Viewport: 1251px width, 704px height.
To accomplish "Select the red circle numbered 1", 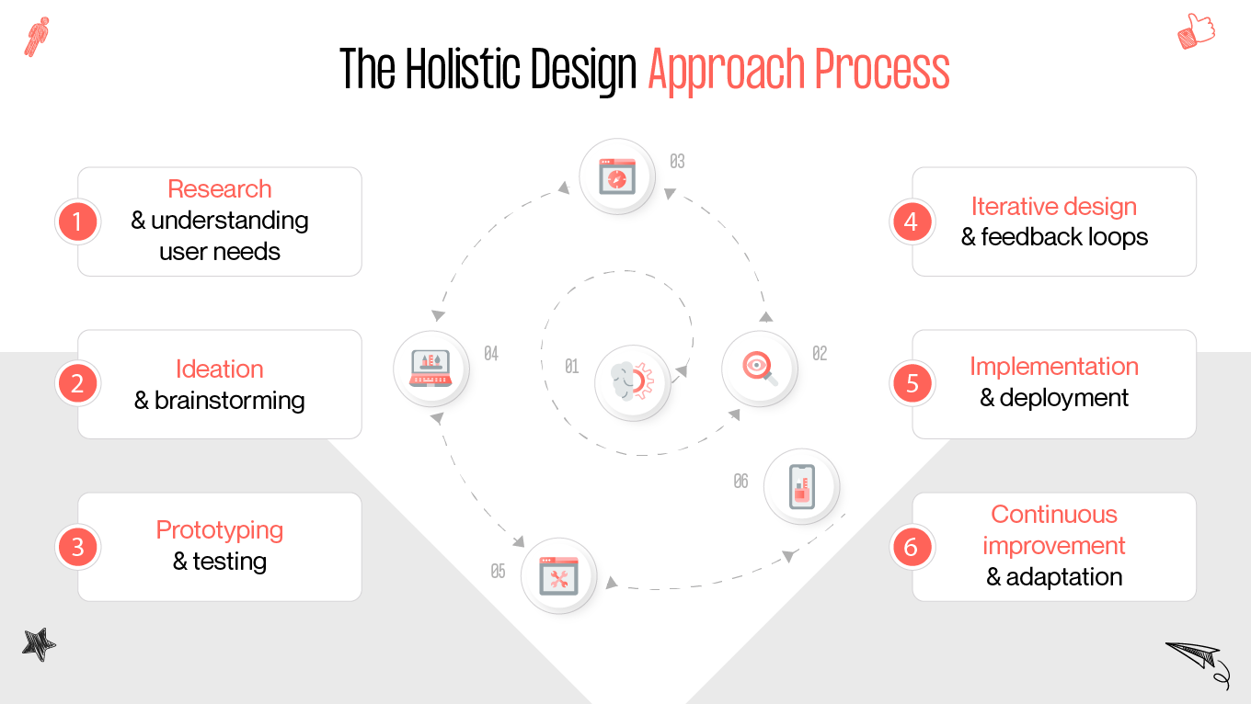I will pyautogui.click(x=77, y=221).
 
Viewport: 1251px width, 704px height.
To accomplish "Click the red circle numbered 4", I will pyautogui.click(x=912, y=221).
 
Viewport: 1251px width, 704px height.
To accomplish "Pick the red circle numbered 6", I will pyautogui.click(x=912, y=547).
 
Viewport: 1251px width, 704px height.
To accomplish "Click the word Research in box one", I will pyautogui.click(x=219, y=189).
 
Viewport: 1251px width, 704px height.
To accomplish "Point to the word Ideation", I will pyautogui.click(x=219, y=369).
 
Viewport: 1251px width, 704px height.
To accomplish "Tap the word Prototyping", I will pyautogui.click(x=219, y=530).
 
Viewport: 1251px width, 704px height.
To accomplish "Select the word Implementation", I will pyautogui.click(x=1053, y=367).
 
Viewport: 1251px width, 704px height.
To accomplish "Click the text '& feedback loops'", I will pyautogui.click(x=1054, y=237).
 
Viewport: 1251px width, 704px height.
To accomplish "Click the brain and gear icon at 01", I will pyautogui.click(x=632, y=381).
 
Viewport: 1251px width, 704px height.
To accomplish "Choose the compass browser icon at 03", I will pyautogui.click(x=616, y=176).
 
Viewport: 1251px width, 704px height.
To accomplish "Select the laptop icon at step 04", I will pyautogui.click(x=430, y=368).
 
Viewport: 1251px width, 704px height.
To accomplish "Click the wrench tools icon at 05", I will pyautogui.click(x=558, y=575).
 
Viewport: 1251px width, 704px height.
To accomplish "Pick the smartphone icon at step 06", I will pyautogui.click(x=801, y=486).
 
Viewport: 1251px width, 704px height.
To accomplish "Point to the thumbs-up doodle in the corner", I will pyautogui.click(x=1196, y=31).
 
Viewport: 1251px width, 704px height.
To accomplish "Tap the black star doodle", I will pyautogui.click(x=39, y=645).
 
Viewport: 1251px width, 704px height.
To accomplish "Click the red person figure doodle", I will pyautogui.click(x=37, y=37).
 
